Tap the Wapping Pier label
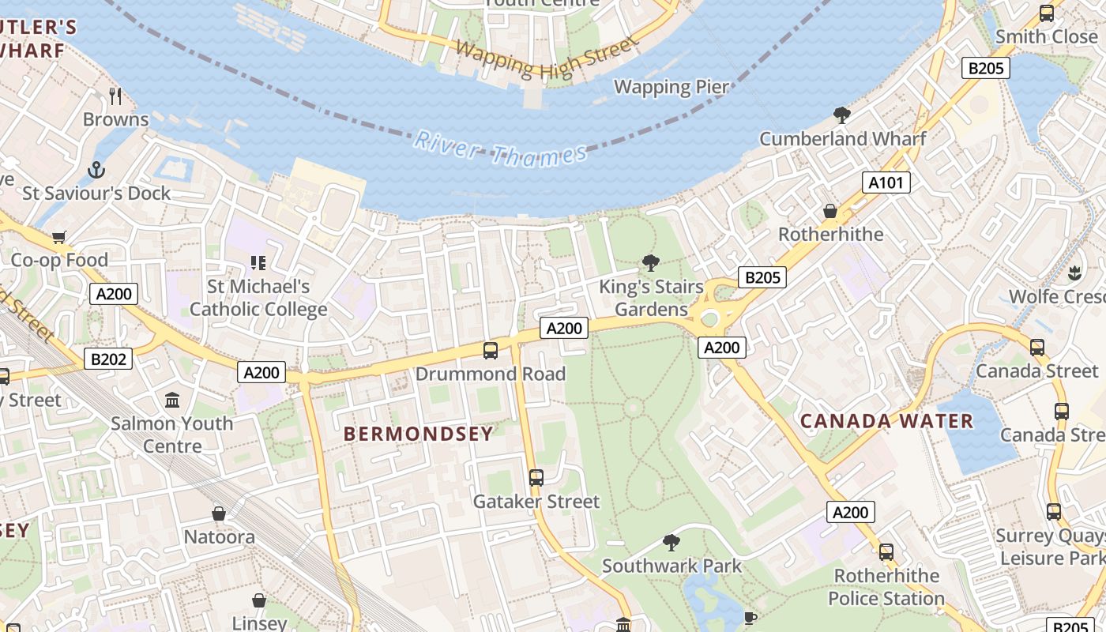pyautogui.click(x=671, y=86)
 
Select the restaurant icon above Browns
pyautogui.click(x=116, y=96)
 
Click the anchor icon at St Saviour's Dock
pyautogui.click(x=96, y=170)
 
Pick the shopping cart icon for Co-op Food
pyautogui.click(x=59, y=237)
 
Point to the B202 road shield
pyautogui.click(x=108, y=359)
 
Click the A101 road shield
pyautogui.click(x=886, y=183)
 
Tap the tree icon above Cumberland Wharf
pyautogui.click(x=842, y=115)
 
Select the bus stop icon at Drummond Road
pyautogui.click(x=491, y=350)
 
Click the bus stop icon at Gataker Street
pyautogui.click(x=536, y=478)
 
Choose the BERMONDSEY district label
pyautogui.click(x=419, y=434)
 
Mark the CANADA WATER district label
pyautogui.click(x=886, y=421)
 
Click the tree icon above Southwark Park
pyautogui.click(x=671, y=543)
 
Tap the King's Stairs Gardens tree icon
pyautogui.click(x=651, y=263)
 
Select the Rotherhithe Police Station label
pyautogui.click(x=886, y=587)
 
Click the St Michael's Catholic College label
pyautogui.click(x=258, y=298)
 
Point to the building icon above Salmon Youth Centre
pyautogui.click(x=172, y=400)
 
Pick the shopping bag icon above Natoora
pyautogui.click(x=219, y=514)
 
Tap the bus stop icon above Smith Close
pyautogui.click(x=1047, y=13)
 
